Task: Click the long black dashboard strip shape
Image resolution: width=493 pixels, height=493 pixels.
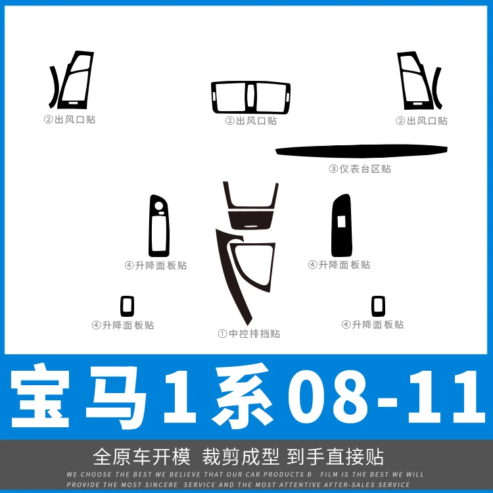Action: pos(362,151)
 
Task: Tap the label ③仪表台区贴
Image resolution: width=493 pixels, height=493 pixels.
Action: pos(360,169)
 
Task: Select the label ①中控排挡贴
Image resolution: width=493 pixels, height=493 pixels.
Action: pos(248,333)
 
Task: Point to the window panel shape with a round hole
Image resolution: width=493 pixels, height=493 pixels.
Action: pos(151,226)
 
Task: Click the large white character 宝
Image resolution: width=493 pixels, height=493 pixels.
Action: pos(40,397)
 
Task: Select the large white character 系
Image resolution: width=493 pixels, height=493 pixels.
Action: pos(241,397)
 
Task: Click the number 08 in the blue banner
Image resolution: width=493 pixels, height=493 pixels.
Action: pos(327,397)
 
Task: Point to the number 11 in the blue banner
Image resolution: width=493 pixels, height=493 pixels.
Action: pos(446,397)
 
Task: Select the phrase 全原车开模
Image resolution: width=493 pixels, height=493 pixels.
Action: pos(142,457)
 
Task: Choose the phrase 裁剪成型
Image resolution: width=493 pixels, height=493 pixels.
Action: pos(240,457)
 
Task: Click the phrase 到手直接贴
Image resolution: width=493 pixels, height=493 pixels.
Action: pos(335,457)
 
